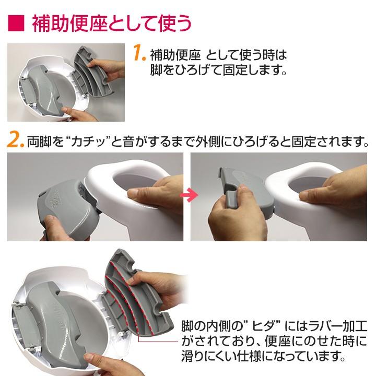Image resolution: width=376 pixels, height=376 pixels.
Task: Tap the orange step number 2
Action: (16, 141)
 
